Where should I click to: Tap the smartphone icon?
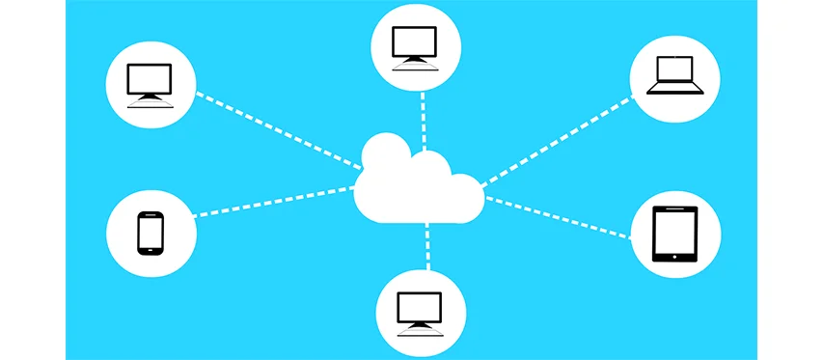pyautogui.click(x=150, y=233)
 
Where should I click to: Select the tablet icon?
pyautogui.click(x=674, y=235)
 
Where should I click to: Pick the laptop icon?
pyautogui.click(x=674, y=75)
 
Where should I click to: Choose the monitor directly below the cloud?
pyautogui.click(x=419, y=311)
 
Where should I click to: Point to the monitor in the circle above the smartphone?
pyautogui.click(x=150, y=84)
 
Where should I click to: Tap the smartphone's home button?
pyautogui.click(x=150, y=251)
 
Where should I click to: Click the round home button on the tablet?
pyautogui.click(x=674, y=257)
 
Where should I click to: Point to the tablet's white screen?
pyautogui.click(x=674, y=232)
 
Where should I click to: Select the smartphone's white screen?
pyautogui.click(x=150, y=232)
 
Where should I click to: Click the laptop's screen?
pyautogui.click(x=674, y=69)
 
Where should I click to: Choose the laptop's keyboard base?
pyautogui.click(x=674, y=89)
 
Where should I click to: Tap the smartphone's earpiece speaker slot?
pyautogui.click(x=150, y=214)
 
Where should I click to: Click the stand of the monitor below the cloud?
pyautogui.click(x=419, y=325)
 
